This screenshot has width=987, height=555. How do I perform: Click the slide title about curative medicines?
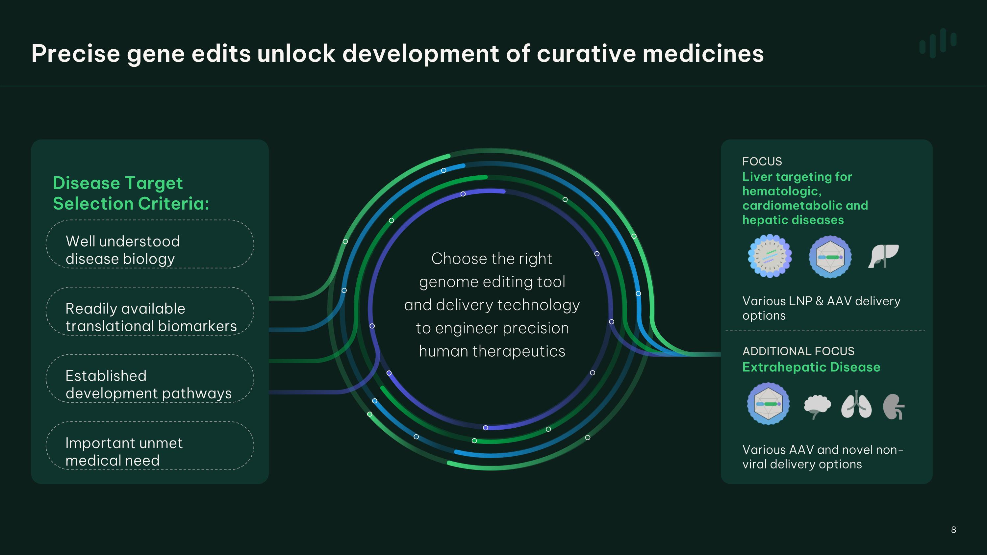tap(397, 53)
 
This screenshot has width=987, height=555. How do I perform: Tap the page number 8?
tap(953, 530)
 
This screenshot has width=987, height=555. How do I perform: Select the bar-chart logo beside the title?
tap(938, 43)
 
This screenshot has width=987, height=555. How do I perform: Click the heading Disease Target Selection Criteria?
tap(131, 193)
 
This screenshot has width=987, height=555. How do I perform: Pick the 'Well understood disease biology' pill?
tap(150, 244)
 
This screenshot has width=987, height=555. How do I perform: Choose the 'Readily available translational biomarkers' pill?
tap(150, 312)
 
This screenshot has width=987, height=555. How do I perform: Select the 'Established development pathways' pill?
tap(150, 378)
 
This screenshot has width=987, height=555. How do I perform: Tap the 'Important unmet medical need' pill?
tap(150, 446)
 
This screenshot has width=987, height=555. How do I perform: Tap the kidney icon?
tap(894, 407)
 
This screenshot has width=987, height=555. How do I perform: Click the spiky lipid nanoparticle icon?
tap(770, 256)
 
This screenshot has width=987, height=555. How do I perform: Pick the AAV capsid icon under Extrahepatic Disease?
tap(768, 404)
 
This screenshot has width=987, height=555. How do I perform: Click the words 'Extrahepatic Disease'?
tap(811, 367)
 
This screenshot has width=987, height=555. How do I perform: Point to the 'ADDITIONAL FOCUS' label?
tap(798, 351)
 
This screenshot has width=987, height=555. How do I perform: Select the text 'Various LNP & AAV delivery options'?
tap(822, 308)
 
